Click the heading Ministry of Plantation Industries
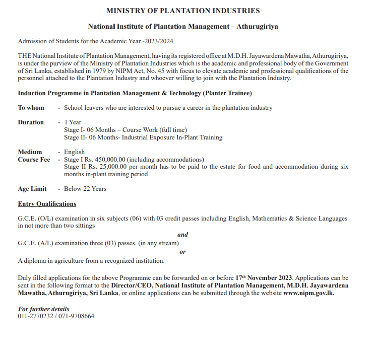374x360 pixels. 183,11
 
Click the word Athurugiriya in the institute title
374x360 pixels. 258,26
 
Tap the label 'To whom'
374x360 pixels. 31,108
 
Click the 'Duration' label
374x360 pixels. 31,122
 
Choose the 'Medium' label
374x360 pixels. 30,152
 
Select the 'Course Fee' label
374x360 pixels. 34,160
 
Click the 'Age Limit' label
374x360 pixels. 32,189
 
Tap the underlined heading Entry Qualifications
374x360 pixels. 47,204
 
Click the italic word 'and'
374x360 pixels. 183,235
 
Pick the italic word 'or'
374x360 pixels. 182,252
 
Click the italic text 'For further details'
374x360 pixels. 44,309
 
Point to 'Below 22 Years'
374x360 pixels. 85,189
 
